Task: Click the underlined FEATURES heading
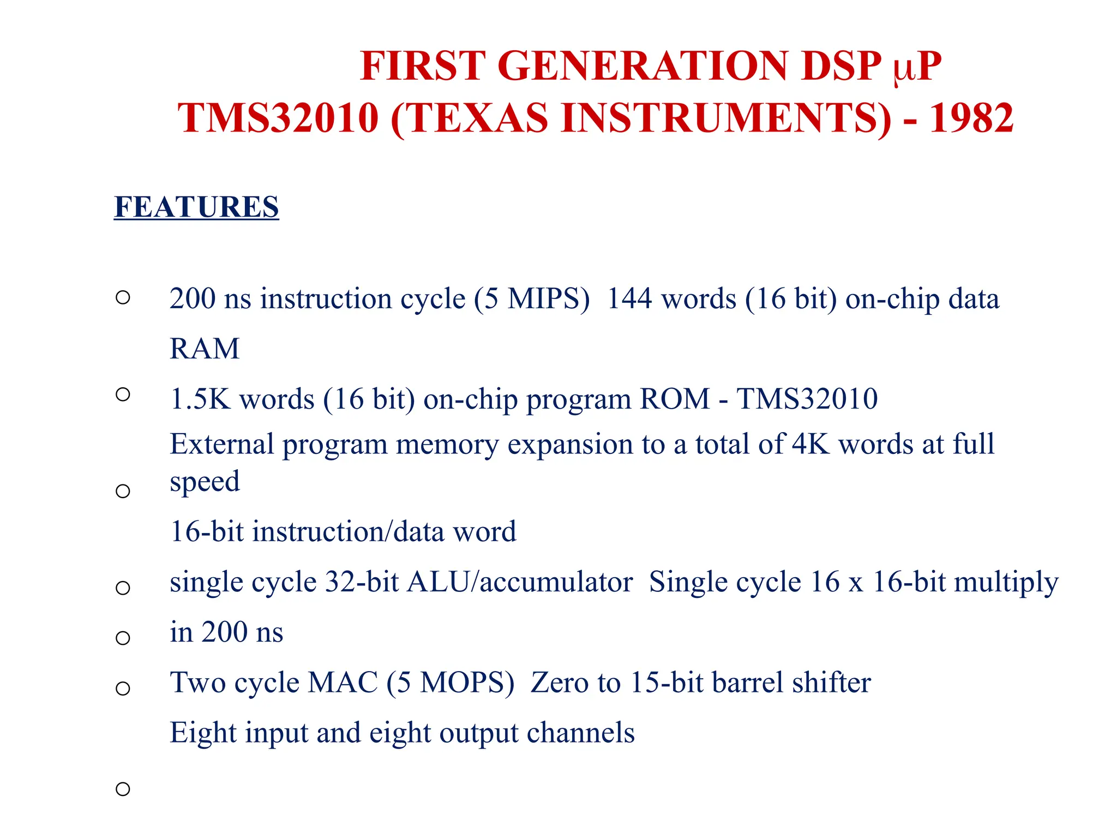196,207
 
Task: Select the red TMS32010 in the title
278,118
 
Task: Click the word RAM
205,349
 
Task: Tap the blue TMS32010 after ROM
807,399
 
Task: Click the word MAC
343,683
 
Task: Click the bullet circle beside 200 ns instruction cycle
123,298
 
